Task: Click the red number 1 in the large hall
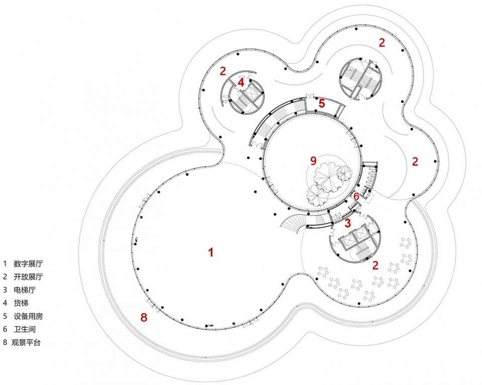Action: point(210,252)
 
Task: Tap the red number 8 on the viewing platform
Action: point(144,317)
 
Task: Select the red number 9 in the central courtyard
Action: point(313,161)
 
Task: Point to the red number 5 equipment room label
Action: point(321,103)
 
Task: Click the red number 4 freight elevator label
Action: point(240,82)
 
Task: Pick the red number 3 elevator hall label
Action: point(347,223)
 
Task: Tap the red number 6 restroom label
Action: point(356,196)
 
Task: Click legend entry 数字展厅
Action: point(28,264)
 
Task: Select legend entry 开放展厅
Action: point(28,277)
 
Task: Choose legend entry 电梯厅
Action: point(25,290)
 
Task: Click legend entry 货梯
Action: point(21,303)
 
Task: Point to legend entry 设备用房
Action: point(28,316)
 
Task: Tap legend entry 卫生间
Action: point(25,329)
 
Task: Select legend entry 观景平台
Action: point(26,343)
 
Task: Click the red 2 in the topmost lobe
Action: point(382,43)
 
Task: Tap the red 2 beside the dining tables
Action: point(375,266)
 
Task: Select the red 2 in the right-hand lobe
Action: point(415,162)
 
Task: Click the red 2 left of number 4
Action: point(223,71)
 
